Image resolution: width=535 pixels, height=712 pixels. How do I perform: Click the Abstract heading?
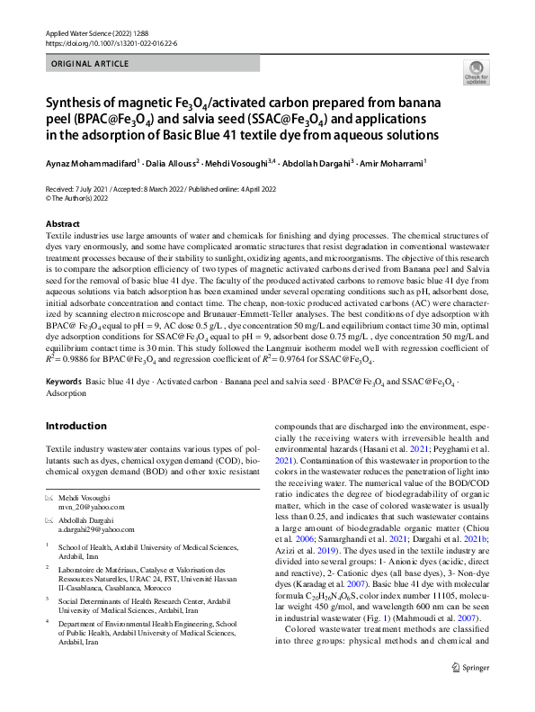[x=62, y=222]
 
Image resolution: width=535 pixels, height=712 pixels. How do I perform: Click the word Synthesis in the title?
[x=78, y=102]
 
